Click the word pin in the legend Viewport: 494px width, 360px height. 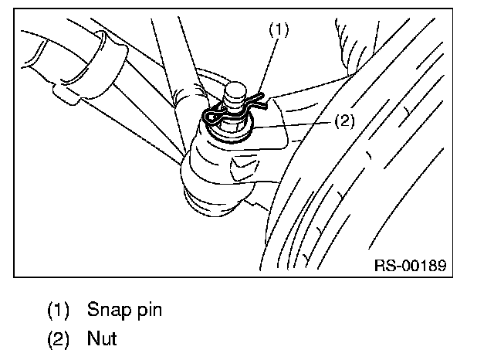click(147, 311)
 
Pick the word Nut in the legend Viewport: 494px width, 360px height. click(102, 338)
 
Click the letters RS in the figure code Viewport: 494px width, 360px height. click(384, 265)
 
